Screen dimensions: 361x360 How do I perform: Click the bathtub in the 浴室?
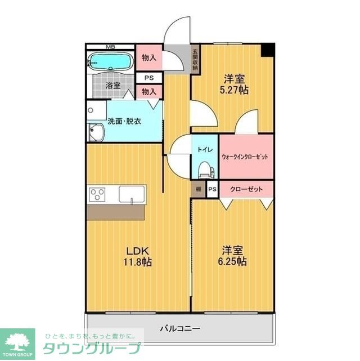pos(110,61)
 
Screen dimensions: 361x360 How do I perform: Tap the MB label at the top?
pos(111,47)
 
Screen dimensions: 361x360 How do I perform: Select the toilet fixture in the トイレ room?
pos(204,168)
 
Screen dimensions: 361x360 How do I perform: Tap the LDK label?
pos(137,251)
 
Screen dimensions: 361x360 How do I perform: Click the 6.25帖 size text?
pos(233,262)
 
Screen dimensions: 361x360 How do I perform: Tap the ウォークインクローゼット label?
pos(245,156)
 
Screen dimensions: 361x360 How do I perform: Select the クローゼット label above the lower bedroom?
pos(246,189)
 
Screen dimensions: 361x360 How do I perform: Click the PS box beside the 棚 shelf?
pos(212,189)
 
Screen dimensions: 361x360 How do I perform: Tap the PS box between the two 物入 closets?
pos(149,78)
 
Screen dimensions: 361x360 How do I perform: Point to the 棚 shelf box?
pos(199,189)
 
